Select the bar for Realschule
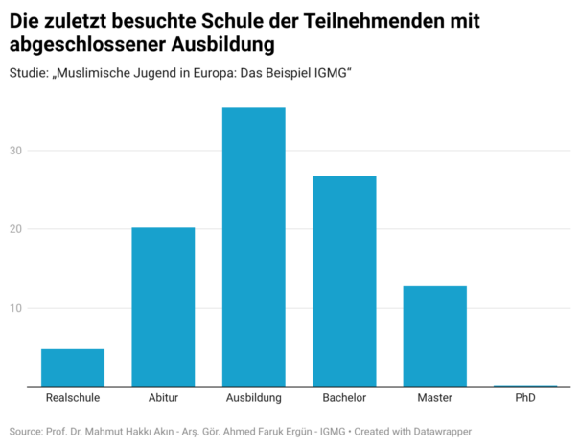73,367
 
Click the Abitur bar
163,307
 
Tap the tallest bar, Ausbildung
253,247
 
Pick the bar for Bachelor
344,281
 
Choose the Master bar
434,336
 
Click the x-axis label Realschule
73,397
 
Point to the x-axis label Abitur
163,397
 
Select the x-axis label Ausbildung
253,397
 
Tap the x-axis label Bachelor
344,397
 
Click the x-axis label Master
434,397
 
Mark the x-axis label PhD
525,397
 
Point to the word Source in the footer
25,433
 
